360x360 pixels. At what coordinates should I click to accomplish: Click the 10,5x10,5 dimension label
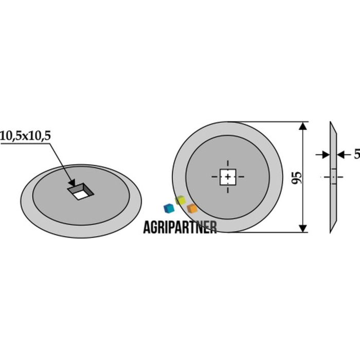coord(26,136)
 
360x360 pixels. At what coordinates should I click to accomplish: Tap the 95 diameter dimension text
coord(297,177)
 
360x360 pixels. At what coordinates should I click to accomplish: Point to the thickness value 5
coord(357,154)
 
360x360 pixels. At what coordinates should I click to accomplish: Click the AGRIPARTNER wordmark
coord(180,227)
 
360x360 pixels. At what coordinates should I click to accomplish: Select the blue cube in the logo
coord(169,208)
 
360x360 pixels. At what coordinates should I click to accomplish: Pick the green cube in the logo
coord(180,200)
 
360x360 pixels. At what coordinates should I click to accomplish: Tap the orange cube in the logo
coord(192,208)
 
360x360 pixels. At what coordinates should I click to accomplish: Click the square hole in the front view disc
coord(228,177)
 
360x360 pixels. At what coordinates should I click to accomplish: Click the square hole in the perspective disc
coord(80,191)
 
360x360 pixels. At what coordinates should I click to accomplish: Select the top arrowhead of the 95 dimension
coord(303,127)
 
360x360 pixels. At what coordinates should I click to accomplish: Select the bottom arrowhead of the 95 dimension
coord(303,228)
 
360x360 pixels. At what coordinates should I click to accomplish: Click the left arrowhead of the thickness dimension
coord(326,154)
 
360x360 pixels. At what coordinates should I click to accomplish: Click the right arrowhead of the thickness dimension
coord(340,154)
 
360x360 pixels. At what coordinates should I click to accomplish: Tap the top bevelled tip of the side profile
coord(331,122)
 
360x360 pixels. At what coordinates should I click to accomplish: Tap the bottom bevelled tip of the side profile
coord(331,232)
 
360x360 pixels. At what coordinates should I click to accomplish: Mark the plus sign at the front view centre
coord(228,177)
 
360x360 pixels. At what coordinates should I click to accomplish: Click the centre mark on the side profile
coord(334,177)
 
